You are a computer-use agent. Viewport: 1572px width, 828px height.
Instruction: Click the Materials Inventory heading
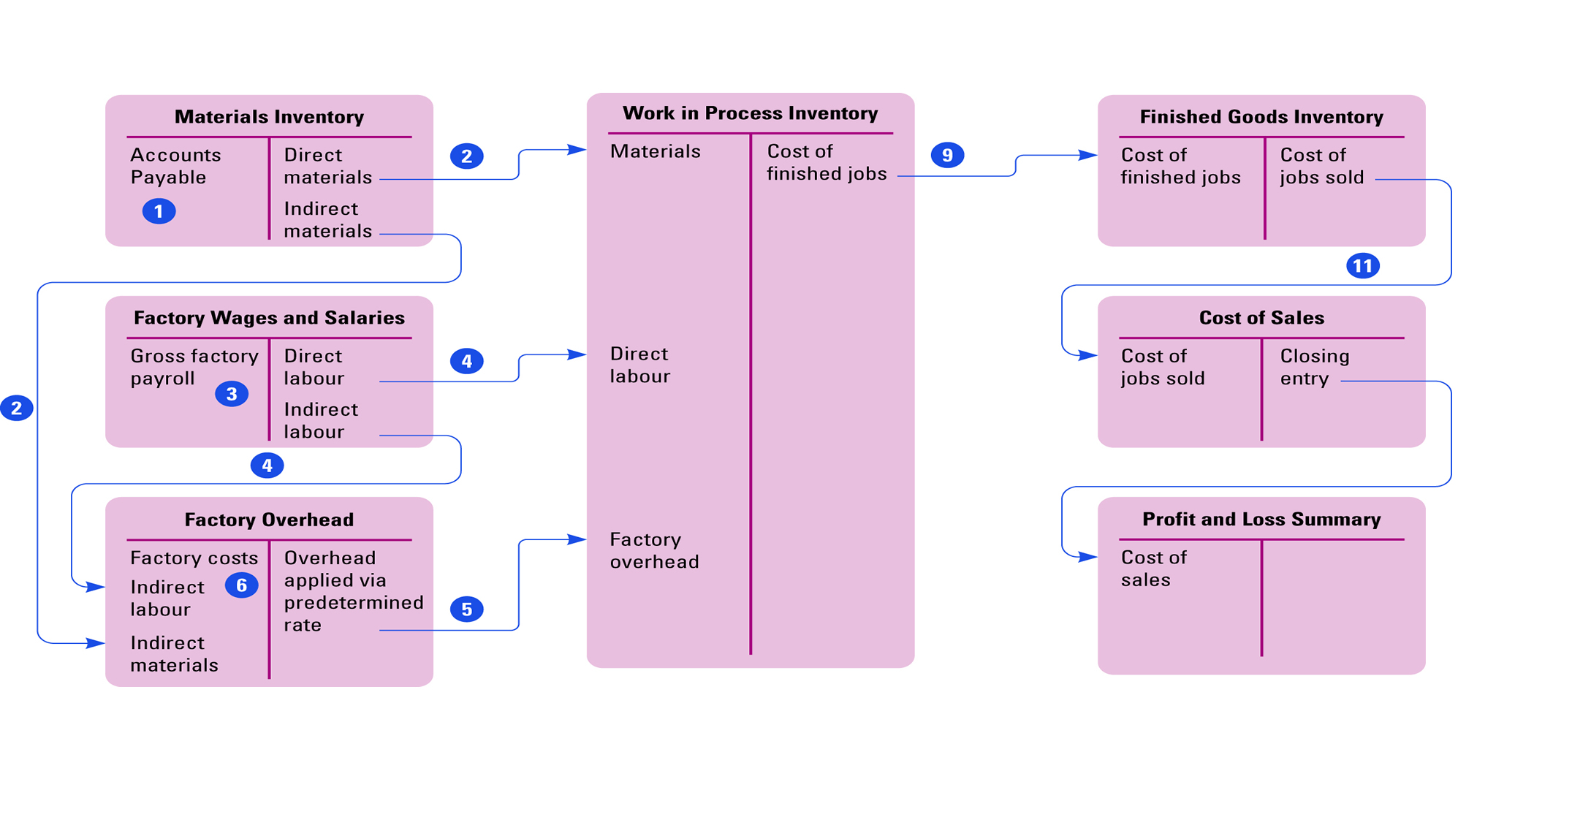point(269,117)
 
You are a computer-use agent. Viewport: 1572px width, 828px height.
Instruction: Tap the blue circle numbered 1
point(159,211)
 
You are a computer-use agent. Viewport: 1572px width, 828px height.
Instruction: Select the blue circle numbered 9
point(947,155)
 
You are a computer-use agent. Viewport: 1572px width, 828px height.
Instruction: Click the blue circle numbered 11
point(1362,265)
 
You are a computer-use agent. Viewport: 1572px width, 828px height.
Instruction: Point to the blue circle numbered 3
point(232,394)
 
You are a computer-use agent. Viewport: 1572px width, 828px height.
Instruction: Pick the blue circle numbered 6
point(241,585)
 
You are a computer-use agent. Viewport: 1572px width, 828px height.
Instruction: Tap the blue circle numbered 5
point(466,609)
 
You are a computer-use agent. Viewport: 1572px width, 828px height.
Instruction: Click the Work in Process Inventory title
point(750,113)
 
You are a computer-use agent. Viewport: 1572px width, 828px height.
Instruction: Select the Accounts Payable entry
point(175,166)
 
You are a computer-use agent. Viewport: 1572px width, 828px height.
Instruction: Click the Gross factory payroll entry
point(194,367)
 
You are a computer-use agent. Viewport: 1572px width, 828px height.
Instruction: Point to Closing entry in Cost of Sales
point(1314,367)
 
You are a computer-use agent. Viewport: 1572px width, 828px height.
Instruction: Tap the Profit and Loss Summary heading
point(1261,520)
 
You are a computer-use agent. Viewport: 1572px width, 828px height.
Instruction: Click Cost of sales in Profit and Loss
point(1153,569)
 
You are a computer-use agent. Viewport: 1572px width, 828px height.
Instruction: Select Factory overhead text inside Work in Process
point(654,550)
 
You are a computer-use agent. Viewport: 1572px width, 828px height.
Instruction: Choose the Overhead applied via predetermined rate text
point(353,590)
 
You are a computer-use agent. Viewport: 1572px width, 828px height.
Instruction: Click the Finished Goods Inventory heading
point(1261,117)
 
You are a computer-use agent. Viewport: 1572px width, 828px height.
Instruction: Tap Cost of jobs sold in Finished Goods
point(1321,166)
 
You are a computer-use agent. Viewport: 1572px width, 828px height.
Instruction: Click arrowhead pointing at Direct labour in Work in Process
point(578,354)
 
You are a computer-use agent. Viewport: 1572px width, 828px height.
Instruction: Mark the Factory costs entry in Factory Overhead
point(194,558)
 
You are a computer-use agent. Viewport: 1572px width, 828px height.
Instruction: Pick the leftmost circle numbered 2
point(16,408)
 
